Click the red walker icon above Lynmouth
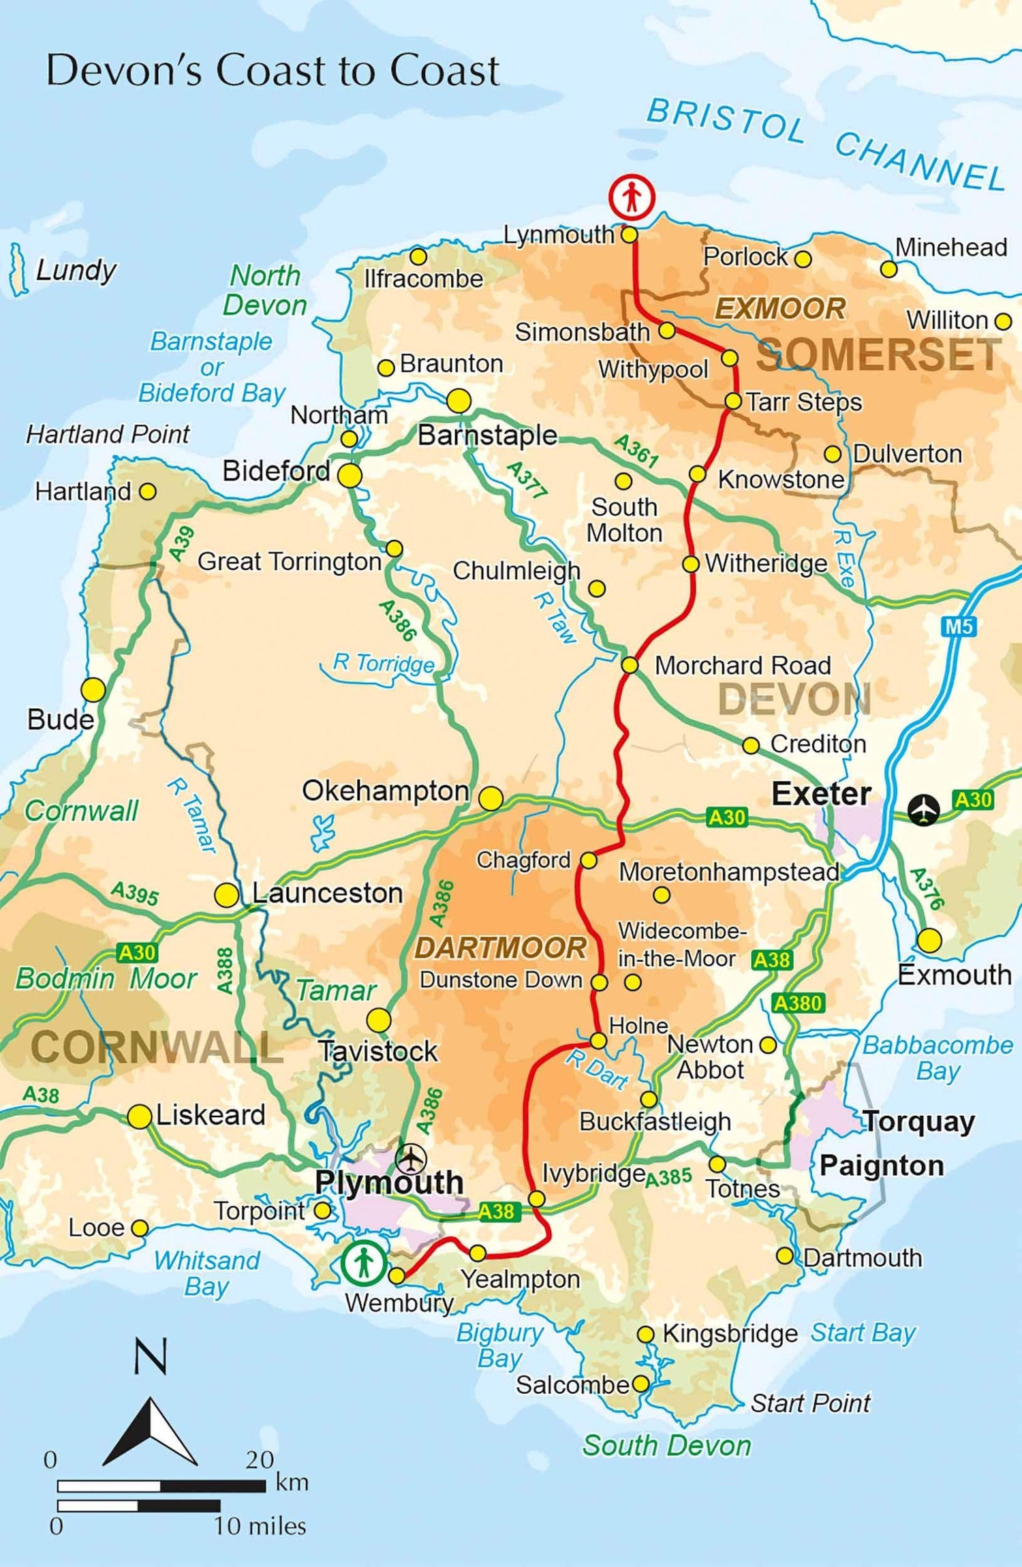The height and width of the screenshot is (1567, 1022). pyautogui.click(x=631, y=197)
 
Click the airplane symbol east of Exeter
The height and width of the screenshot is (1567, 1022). pyautogui.click(x=924, y=810)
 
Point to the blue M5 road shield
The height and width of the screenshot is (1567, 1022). pyautogui.click(x=959, y=626)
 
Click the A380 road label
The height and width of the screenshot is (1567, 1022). pyautogui.click(x=798, y=1003)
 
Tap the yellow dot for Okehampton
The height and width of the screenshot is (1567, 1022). pyautogui.click(x=491, y=798)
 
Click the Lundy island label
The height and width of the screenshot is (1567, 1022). pyautogui.click(x=76, y=270)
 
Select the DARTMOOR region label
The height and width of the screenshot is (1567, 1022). pyautogui.click(x=500, y=948)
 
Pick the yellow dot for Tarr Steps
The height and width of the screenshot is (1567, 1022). pyautogui.click(x=732, y=401)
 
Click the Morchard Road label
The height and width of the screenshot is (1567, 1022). pyautogui.click(x=742, y=665)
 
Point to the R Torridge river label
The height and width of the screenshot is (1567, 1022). pyautogui.click(x=383, y=663)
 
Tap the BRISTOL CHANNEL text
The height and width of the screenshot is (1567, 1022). pyautogui.click(x=825, y=144)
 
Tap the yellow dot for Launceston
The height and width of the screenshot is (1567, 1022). pyautogui.click(x=226, y=895)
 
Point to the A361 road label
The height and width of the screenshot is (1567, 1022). pyautogui.click(x=636, y=451)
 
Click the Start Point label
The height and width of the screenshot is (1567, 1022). pyautogui.click(x=810, y=1403)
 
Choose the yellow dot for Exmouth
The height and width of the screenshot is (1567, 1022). pyautogui.click(x=929, y=941)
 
